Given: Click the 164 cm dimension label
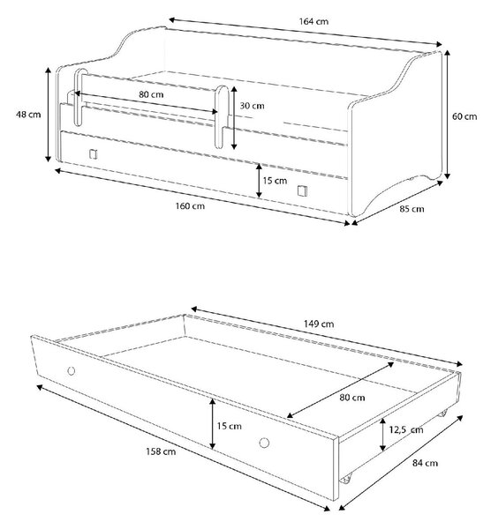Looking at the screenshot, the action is tap(313, 21).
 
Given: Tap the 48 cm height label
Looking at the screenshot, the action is tap(28, 115).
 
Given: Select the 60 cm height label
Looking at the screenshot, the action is tap(465, 116).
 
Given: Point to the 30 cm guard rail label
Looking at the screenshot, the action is tap(252, 106).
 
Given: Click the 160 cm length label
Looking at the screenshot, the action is tap(190, 206).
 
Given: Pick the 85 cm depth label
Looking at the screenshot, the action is tap(412, 209).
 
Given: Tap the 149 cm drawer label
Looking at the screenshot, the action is tap(319, 324).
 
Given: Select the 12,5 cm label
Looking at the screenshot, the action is tap(406, 430).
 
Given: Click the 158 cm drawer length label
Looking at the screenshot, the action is tap(161, 451).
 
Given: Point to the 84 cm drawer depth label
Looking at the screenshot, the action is tap(425, 463).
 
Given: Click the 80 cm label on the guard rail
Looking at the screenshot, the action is tap(151, 94).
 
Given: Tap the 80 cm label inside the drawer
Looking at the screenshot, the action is tap(352, 398).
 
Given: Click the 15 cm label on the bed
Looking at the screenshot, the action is tap(275, 181).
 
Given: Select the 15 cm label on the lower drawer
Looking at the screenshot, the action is tap(229, 426).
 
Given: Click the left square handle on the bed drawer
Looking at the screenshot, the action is tap(94, 154).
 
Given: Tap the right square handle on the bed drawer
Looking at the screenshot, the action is tap(302, 190).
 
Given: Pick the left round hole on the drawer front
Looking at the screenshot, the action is tap(72, 371).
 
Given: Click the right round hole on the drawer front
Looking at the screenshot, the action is tap(264, 443).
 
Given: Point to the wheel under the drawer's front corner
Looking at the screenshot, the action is tap(345, 479).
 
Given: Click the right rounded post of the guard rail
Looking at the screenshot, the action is tap(222, 116).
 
